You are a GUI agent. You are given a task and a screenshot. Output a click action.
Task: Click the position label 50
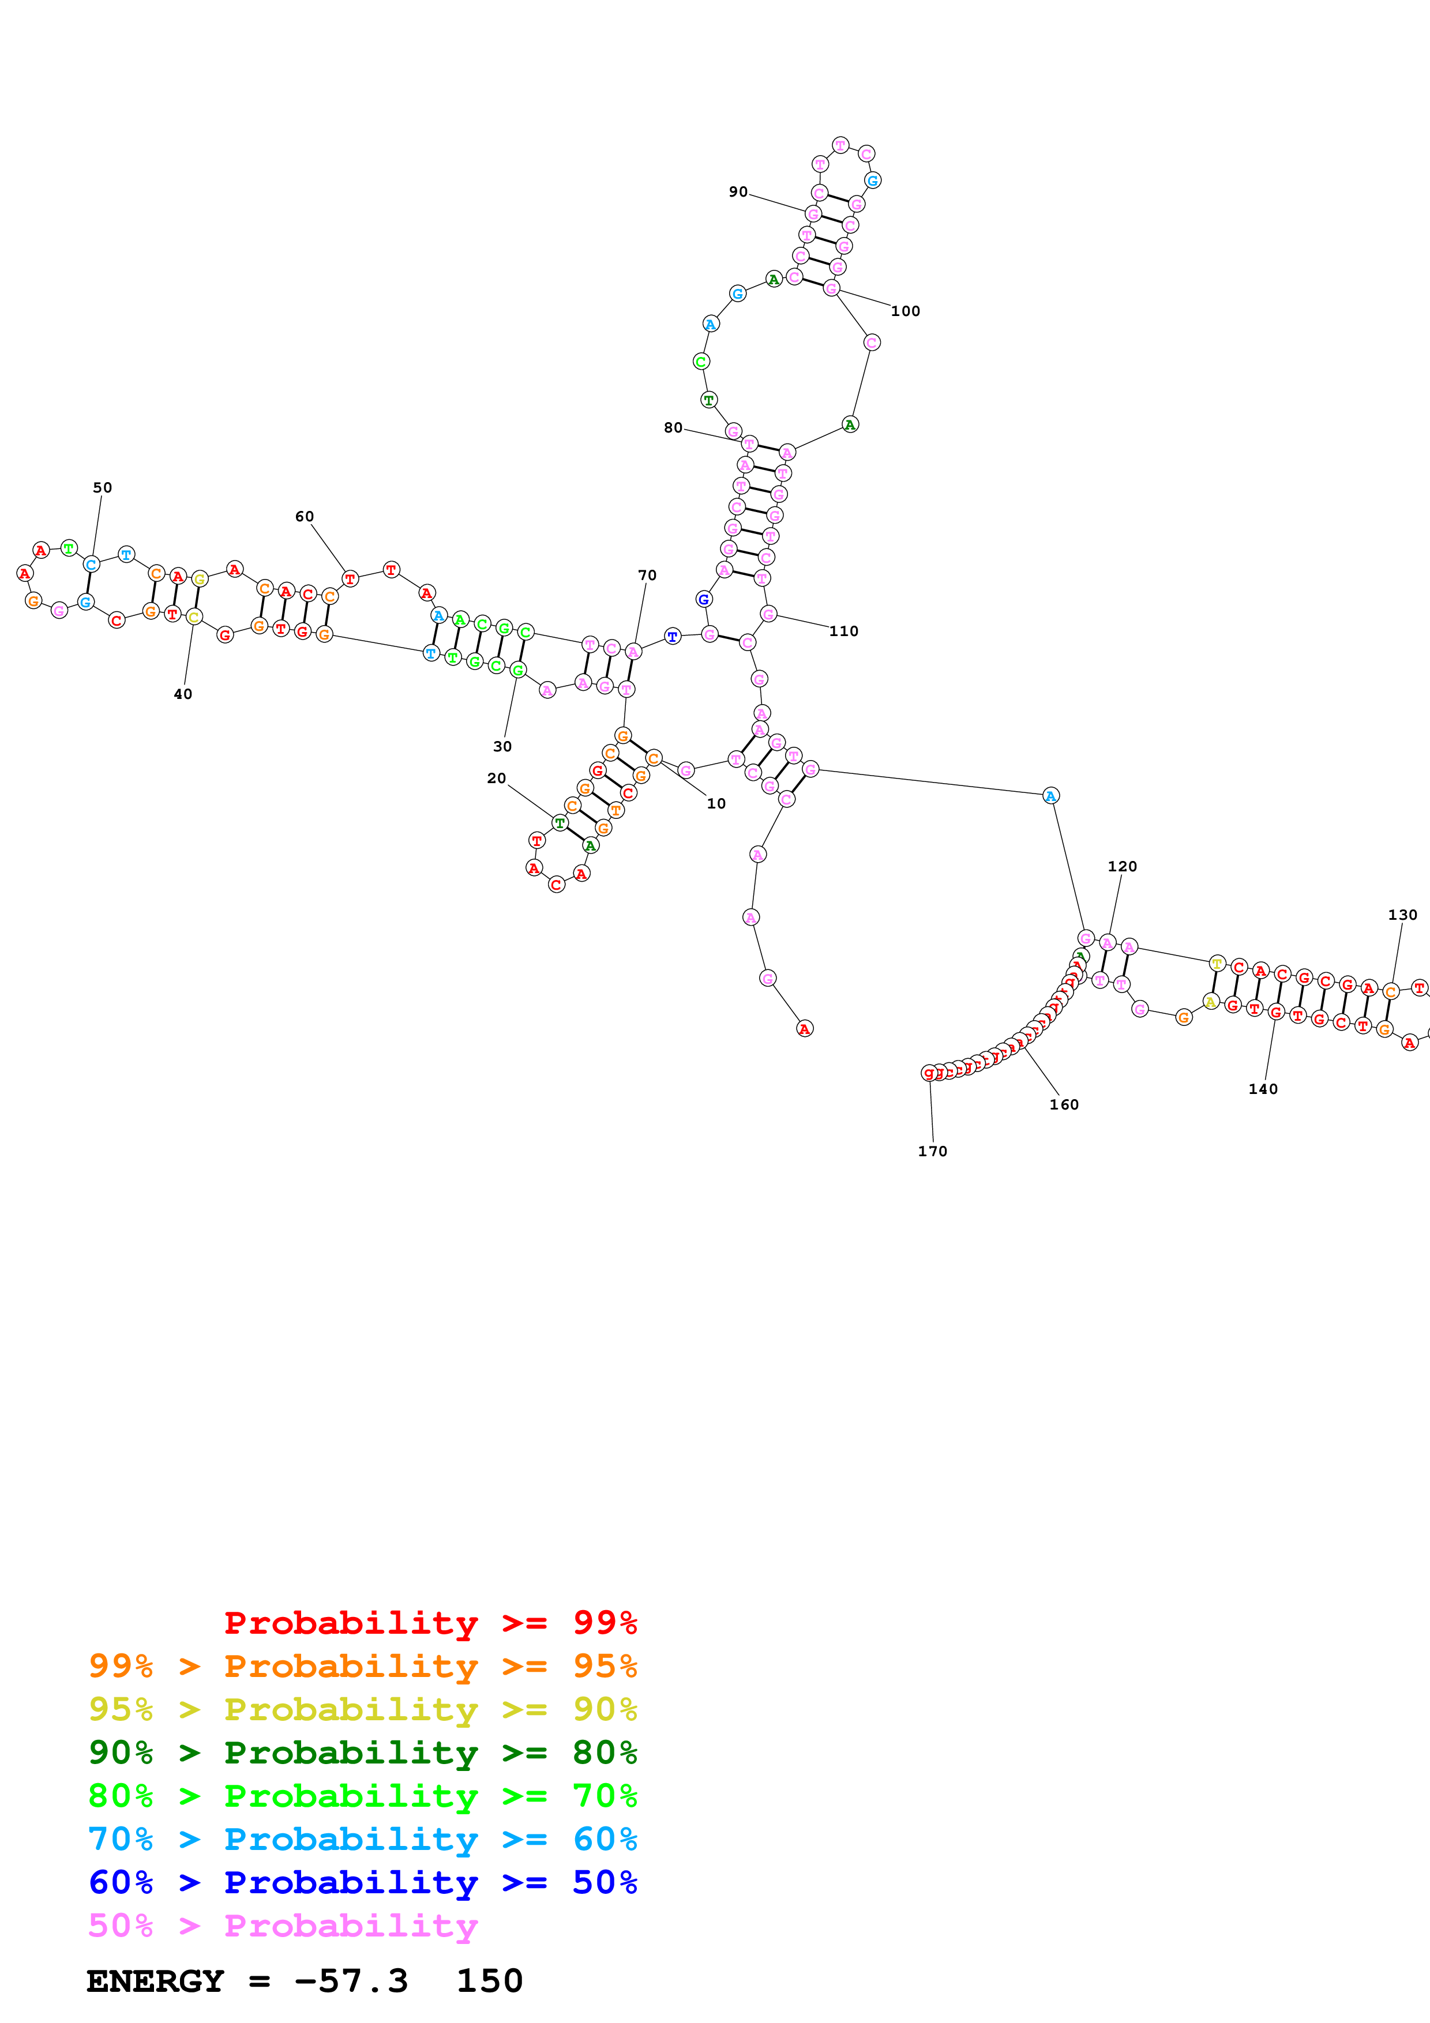pyautogui.click(x=102, y=487)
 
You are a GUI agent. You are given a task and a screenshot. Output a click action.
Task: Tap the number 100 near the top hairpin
pyautogui.click(x=905, y=311)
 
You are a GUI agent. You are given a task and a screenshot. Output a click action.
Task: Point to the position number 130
pyautogui.click(x=1402, y=915)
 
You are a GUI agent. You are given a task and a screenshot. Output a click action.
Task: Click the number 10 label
pyautogui.click(x=716, y=803)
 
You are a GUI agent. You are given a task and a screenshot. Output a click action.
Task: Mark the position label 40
pyautogui.click(x=182, y=694)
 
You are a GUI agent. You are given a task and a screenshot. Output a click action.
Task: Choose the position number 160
pyautogui.click(x=1064, y=1105)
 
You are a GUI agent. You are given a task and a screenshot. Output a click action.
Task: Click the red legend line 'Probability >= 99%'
pyautogui.click(x=430, y=1623)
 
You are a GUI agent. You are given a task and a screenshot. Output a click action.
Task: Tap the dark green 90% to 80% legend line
pyautogui.click(x=362, y=1753)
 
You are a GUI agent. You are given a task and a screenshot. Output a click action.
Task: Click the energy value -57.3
pyautogui.click(x=351, y=1981)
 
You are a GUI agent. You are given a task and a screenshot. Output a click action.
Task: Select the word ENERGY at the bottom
pyautogui.click(x=155, y=1981)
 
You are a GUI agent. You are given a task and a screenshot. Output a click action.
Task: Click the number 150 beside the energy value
pyautogui.click(x=489, y=1981)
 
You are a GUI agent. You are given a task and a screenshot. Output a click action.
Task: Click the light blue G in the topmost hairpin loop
pyautogui.click(x=872, y=181)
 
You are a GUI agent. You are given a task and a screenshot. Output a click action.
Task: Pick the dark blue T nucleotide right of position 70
pyautogui.click(x=672, y=636)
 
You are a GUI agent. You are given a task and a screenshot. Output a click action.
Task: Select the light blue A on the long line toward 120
pyautogui.click(x=1050, y=796)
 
